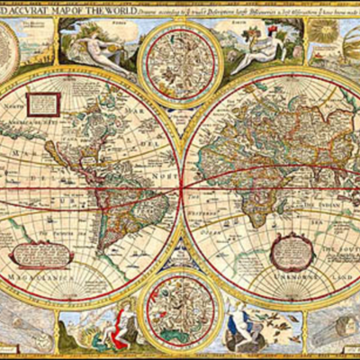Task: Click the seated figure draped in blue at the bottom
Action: tap(242, 330)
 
